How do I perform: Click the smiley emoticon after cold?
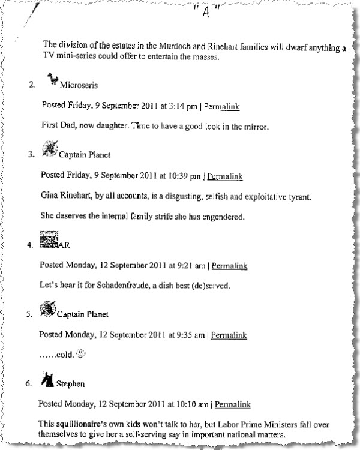(x=83, y=354)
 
